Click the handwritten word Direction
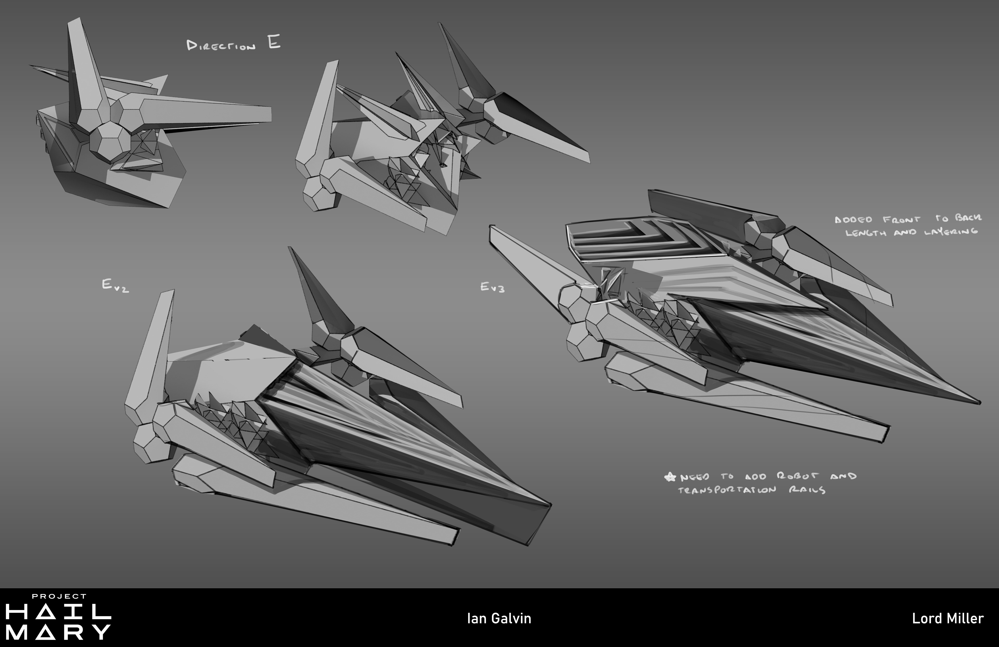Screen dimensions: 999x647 pos(221,46)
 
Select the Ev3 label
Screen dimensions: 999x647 pos(492,287)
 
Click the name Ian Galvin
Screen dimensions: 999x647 pos(499,618)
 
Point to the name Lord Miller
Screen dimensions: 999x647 pos(947,618)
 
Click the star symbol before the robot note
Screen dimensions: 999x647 pos(670,477)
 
